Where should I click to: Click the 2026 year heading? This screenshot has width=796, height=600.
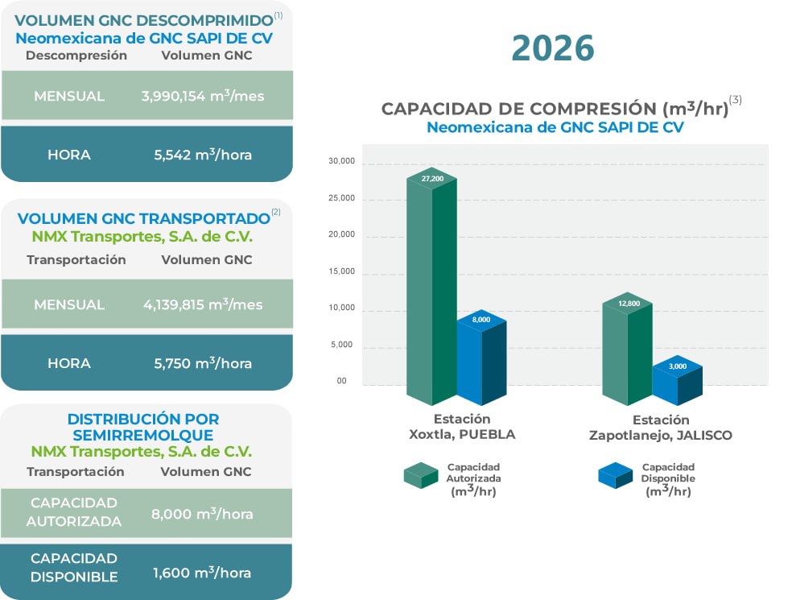(553, 49)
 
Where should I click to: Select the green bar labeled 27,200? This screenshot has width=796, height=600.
(431, 290)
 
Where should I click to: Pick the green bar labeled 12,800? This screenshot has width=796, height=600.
(627, 350)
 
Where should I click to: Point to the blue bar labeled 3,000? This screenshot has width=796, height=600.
(677, 384)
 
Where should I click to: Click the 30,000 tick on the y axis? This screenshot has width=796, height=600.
(342, 162)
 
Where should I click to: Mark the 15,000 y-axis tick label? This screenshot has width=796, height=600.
(342, 272)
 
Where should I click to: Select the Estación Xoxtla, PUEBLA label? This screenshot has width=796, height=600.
(461, 427)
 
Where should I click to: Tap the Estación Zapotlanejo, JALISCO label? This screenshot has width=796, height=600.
(660, 428)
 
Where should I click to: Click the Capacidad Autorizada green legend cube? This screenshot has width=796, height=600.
(421, 475)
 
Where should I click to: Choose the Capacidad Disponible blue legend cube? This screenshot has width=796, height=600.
(616, 475)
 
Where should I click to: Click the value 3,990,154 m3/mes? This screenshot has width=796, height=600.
(202, 96)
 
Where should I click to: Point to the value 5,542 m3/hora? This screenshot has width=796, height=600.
(202, 154)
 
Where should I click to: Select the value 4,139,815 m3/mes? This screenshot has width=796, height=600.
(202, 305)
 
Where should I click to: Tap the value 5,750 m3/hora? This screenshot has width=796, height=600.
(202, 363)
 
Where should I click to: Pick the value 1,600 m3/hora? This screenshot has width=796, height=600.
(201, 573)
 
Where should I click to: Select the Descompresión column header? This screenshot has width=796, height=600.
(76, 56)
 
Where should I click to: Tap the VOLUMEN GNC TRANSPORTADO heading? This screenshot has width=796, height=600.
(143, 219)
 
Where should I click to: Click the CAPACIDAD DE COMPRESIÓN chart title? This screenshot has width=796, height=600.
(555, 109)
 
